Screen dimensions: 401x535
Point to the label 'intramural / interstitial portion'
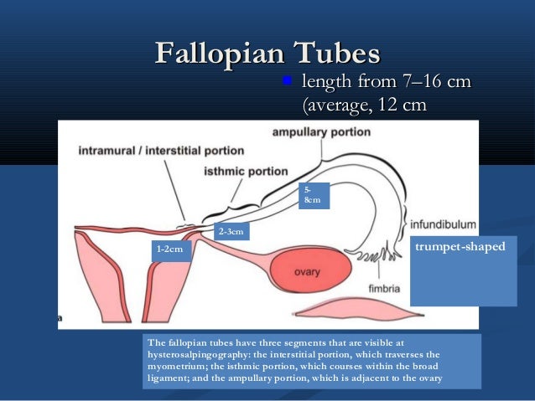click(161, 152)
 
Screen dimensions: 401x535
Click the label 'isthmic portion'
click(246, 171)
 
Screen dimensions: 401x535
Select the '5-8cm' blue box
click(314, 196)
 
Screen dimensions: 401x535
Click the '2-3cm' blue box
click(231, 231)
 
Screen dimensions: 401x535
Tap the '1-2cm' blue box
click(170, 249)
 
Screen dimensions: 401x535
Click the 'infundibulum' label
click(444, 224)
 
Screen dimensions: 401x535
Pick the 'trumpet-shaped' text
click(462, 248)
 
